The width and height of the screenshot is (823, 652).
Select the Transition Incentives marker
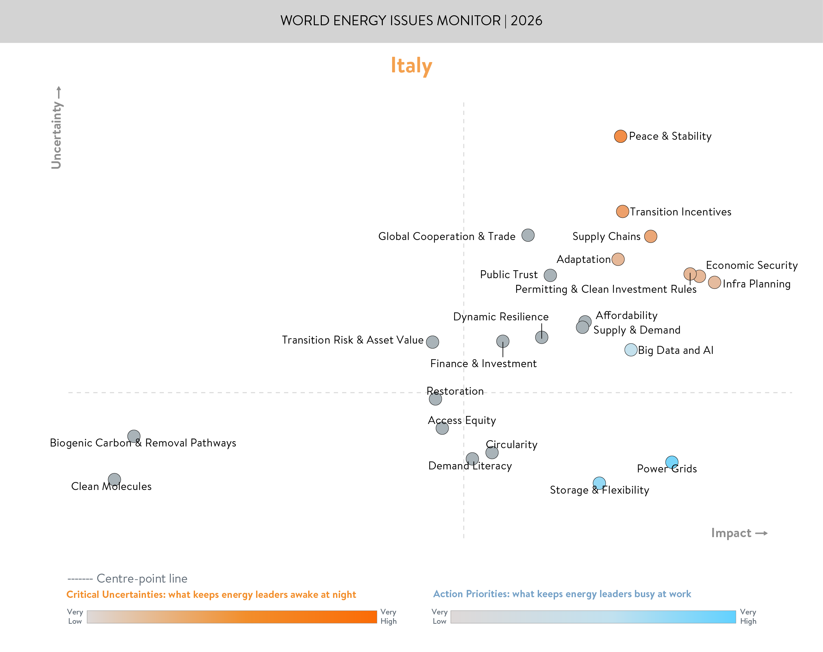tap(622, 211)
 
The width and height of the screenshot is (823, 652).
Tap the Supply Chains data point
tap(651, 236)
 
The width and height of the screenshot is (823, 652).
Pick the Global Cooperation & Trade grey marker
tap(528, 235)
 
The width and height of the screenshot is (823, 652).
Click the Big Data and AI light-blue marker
tap(631, 350)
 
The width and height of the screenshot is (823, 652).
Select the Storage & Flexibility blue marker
tap(599, 483)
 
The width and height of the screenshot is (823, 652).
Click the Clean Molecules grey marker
tap(114, 479)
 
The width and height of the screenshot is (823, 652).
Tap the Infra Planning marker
tap(714, 283)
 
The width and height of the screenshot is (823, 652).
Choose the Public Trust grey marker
tap(550, 275)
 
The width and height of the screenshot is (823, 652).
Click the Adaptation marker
tap(618, 259)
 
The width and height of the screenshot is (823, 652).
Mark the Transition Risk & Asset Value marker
tap(433, 342)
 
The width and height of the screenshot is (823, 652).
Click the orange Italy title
tap(411, 66)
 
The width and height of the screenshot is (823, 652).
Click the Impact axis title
tap(731, 533)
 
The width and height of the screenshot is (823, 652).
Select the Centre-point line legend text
tap(142, 578)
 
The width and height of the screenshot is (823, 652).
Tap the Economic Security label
tap(752, 265)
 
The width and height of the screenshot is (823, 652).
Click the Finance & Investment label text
tap(483, 364)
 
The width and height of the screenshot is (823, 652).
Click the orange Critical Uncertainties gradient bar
tap(232, 617)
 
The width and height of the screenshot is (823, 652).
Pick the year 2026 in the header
tap(526, 21)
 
